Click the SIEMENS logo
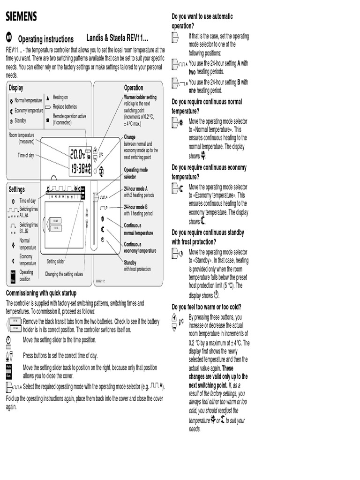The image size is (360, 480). coord(21,17)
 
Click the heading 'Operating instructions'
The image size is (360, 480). coord(45,39)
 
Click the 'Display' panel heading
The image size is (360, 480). coord(16,88)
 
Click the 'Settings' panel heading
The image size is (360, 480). coord(17,189)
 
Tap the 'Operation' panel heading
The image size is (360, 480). coord(134,88)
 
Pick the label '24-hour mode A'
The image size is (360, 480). coord(135,188)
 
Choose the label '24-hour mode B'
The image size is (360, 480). coord(135,207)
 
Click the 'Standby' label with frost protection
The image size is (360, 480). coord(130,262)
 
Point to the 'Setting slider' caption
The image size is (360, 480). coord(55,261)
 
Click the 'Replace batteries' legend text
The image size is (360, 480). coord(65,106)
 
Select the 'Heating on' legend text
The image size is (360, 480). coord(60,97)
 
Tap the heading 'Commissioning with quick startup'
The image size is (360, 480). coord(41,293)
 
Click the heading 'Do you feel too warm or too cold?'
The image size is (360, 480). coord(207,307)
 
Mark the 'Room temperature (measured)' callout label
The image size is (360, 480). coord(22,138)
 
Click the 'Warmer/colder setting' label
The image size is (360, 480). coord(140,97)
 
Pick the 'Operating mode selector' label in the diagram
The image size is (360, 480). coord(135,173)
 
